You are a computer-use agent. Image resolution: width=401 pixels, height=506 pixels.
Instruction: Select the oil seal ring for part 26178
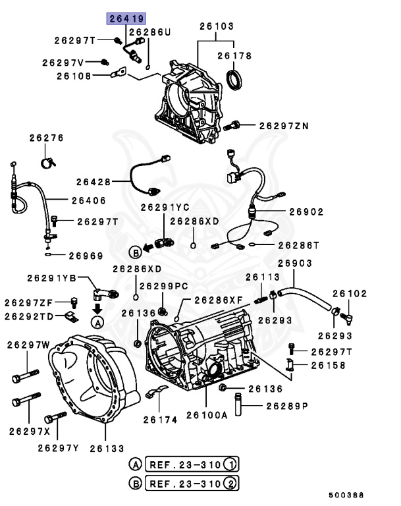pyautogui.click(x=233, y=78)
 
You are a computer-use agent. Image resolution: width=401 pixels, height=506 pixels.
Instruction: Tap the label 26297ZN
pyautogui.click(x=283, y=125)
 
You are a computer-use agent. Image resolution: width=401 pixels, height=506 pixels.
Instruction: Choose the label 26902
pyautogui.click(x=306, y=212)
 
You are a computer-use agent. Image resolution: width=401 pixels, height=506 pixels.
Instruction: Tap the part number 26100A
pyautogui.click(x=207, y=415)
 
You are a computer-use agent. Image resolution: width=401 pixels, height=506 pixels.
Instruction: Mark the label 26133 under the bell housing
pyautogui.click(x=107, y=448)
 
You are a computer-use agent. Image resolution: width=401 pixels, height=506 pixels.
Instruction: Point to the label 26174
pyautogui.click(x=160, y=419)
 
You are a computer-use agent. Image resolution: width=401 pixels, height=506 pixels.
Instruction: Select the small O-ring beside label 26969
pyautogui.click(x=48, y=255)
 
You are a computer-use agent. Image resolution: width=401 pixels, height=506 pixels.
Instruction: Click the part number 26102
pyautogui.click(x=349, y=294)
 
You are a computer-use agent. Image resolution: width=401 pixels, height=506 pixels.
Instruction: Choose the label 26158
pyautogui.click(x=328, y=364)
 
